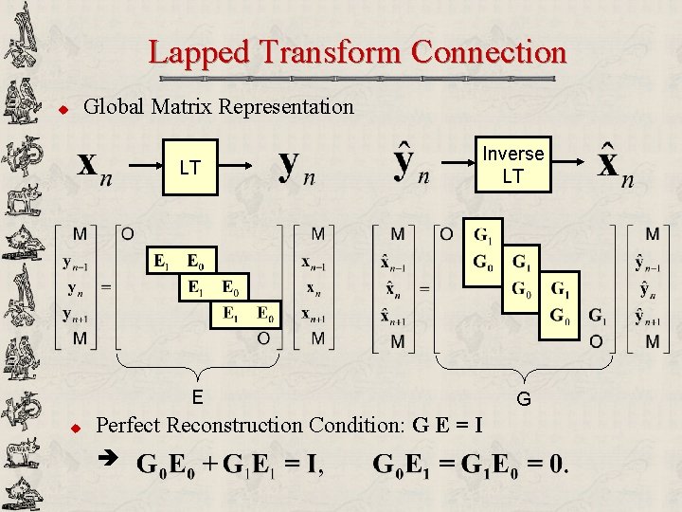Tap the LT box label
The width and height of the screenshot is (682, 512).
pos(189,168)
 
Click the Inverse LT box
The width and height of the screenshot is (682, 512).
pos(512,164)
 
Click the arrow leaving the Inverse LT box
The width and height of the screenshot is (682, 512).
pos(567,167)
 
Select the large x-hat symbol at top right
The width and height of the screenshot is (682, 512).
pos(614,164)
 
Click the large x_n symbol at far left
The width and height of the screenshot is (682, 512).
pos(91,168)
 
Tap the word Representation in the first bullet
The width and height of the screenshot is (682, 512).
pos(286,106)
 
